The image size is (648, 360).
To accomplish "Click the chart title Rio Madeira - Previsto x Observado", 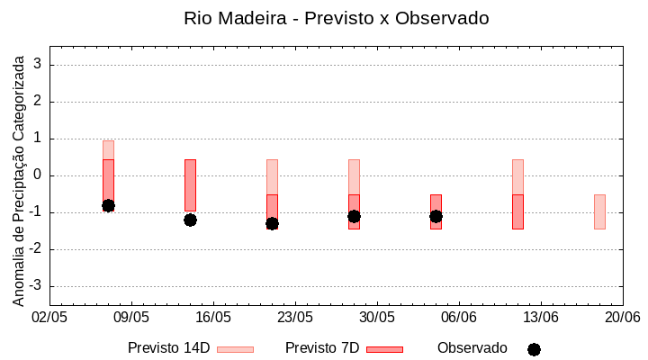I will coord(336,18).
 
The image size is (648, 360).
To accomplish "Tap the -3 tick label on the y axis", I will coord(37,286).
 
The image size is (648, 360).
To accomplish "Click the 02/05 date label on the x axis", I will coord(49,318).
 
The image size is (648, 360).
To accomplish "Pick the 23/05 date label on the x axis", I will coord(295,318).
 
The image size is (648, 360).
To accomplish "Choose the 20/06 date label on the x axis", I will coord(622,318).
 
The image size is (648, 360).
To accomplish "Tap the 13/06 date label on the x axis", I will coord(541,318).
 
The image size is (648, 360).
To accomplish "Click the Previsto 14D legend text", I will coord(168,348).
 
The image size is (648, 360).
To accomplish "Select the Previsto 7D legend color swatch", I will coord(384,349).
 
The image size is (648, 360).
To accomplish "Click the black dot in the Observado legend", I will coord(534,349).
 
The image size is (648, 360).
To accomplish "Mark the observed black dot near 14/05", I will coord(190,220).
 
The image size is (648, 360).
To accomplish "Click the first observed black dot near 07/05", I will coord(108,205).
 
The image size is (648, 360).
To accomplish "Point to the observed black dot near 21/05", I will coord(272,223).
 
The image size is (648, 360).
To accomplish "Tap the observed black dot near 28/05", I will coord(354,216).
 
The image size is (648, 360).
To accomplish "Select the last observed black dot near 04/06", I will coord(436,216).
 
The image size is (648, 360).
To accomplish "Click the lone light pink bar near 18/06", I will coord(599,211).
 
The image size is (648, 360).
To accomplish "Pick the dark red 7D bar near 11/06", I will coord(517,211).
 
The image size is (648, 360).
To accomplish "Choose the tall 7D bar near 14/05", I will coord(190,184).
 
